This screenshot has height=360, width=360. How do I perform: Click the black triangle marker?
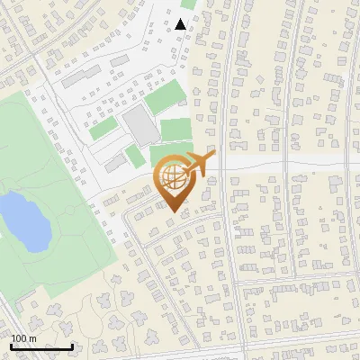[181, 23]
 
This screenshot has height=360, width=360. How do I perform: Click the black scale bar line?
[41, 346]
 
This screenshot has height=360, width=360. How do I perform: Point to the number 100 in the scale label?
[17, 338]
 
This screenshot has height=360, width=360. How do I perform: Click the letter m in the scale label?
[31, 338]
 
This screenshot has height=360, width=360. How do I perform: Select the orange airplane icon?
[199, 165]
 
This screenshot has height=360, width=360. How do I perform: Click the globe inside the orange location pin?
[172, 175]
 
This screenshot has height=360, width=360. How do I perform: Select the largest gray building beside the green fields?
[140, 126]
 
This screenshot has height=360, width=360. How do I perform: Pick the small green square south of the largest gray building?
[135, 157]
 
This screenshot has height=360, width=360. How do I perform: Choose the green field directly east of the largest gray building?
[176, 129]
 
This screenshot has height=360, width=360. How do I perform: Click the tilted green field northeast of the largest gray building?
[164, 96]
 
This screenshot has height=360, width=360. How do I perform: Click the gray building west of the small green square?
[114, 163]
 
